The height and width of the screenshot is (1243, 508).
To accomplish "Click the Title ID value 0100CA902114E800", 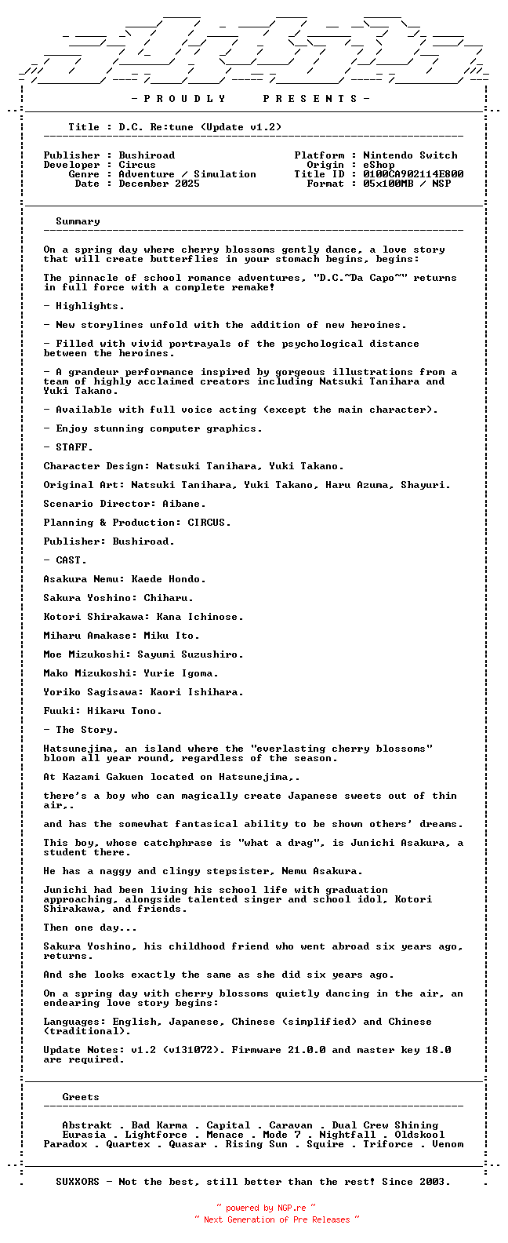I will coord(413,174).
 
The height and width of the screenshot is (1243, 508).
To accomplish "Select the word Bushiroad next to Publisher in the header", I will coord(147,155).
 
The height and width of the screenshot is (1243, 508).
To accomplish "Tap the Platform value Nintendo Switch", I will coord(410,155).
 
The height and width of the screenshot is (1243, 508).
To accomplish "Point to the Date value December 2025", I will coord(159,184).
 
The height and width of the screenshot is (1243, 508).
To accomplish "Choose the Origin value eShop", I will coord(379,165).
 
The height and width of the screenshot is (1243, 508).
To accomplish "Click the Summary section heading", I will coord(78,221).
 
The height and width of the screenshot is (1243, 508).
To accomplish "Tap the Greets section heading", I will coord(81,1097).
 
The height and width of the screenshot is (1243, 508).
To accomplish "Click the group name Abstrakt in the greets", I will coord(87,1125).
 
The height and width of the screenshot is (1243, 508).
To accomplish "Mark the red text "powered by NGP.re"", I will coord(266,1208).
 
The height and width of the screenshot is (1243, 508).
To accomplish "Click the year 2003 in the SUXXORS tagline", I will coord(435,1182).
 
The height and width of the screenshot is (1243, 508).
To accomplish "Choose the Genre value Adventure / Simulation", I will coord(187,174).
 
